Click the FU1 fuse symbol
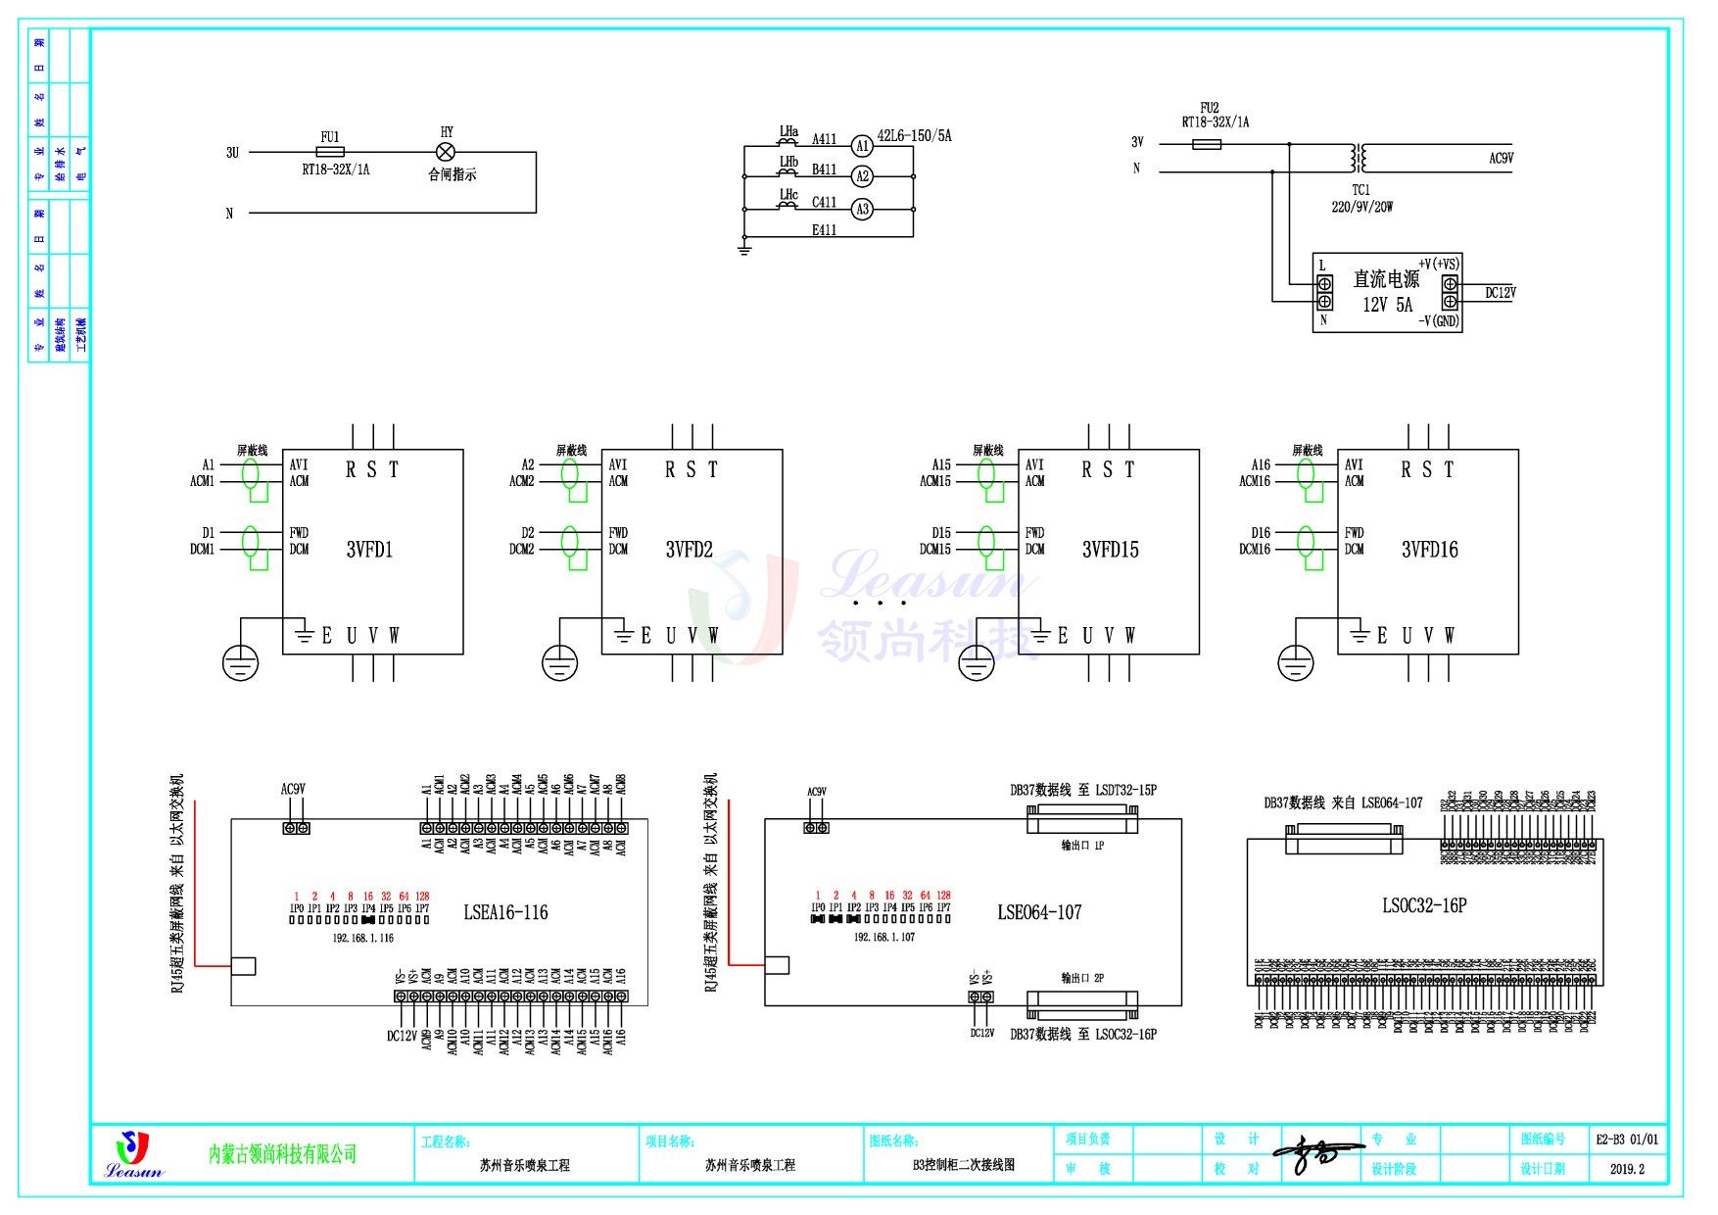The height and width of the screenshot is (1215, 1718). pyautogui.click(x=330, y=152)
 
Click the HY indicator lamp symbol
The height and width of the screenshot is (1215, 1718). pyautogui.click(x=446, y=152)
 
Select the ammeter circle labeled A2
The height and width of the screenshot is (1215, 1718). pyautogui.click(x=862, y=176)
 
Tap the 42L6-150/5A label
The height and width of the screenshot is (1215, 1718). pyautogui.click(x=914, y=135)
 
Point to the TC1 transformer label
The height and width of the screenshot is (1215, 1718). pyautogui.click(x=1360, y=190)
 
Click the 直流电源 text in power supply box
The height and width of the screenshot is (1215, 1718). pyautogui.click(x=1385, y=279)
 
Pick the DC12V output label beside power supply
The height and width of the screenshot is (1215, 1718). pyautogui.click(x=1500, y=292)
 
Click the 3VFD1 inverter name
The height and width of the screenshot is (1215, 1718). pyautogui.click(x=369, y=550)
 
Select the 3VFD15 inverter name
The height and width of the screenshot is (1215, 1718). pyautogui.click(x=1110, y=550)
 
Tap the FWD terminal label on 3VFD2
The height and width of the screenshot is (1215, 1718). pyautogui.click(x=618, y=532)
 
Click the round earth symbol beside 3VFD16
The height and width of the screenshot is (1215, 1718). pyautogui.click(x=1296, y=663)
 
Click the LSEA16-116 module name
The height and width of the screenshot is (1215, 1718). pyautogui.click(x=505, y=912)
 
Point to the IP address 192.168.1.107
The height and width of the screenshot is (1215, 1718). pyautogui.click(x=884, y=938)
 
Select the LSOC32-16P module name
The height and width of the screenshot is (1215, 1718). pyautogui.click(x=1424, y=905)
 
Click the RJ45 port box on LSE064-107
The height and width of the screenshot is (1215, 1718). pyautogui.click(x=777, y=965)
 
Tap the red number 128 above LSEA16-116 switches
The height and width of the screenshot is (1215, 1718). pyautogui.click(x=422, y=896)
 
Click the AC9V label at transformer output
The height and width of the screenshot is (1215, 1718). pyautogui.click(x=1501, y=158)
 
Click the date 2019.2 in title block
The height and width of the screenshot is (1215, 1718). pyautogui.click(x=1627, y=1169)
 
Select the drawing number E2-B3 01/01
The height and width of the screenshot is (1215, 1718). pyautogui.click(x=1627, y=1140)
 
